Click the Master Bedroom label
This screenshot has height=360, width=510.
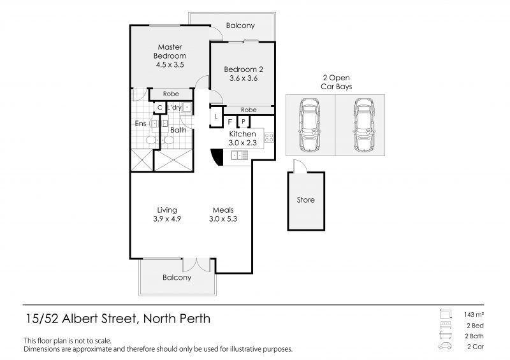tap(170, 52)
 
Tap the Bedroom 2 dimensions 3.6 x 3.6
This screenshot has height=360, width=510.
tap(244, 78)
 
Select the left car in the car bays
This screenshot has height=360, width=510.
tap(309, 125)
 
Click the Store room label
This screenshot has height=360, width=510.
tap(306, 199)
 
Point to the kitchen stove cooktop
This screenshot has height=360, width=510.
tap(269, 138)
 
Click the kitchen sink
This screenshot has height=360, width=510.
tap(240, 155)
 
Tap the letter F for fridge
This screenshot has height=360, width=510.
tap(230, 122)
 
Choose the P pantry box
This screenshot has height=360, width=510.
tap(244, 122)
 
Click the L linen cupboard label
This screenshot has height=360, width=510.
tap(216, 117)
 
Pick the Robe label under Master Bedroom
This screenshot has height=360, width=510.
tap(171, 94)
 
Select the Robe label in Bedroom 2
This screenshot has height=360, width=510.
tap(249, 110)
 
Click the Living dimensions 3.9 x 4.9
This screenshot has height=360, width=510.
tap(167, 219)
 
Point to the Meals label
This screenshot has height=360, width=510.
tap(223, 210)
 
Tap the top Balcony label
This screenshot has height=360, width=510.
tap(240, 25)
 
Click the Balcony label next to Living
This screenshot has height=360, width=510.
tap(177, 278)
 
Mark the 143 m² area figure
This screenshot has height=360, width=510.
tap(474, 315)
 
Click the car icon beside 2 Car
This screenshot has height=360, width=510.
tap(445, 346)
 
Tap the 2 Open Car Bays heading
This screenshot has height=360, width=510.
tap(337, 82)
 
